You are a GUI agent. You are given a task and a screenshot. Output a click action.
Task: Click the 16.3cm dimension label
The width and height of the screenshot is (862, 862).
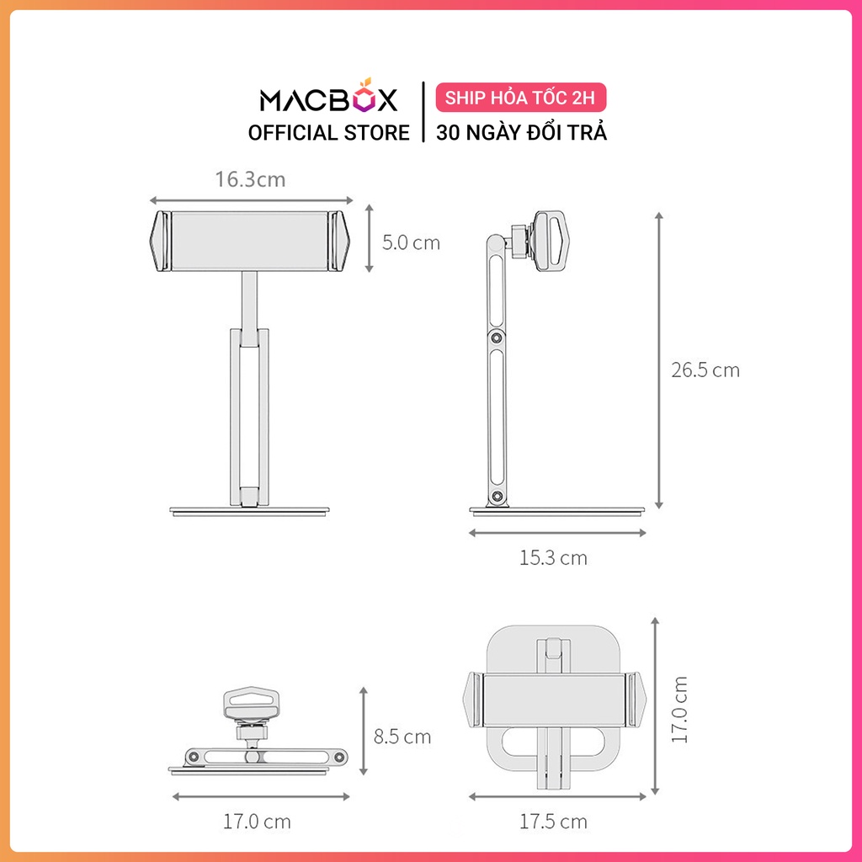coord(250,179)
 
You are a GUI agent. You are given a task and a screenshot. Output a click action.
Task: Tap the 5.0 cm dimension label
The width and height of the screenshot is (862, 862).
coord(411,242)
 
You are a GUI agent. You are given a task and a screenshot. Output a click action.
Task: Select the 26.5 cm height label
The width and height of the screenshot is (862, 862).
coord(705,370)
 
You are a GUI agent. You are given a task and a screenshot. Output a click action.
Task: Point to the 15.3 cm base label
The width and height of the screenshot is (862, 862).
coord(554,558)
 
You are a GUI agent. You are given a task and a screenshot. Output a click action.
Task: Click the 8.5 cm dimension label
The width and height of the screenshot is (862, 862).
coord(402,737)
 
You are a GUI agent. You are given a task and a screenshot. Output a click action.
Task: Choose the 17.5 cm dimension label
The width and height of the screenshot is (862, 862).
coord(554,822)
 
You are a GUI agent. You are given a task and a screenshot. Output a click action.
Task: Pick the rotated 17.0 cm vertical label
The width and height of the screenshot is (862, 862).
coord(679,710)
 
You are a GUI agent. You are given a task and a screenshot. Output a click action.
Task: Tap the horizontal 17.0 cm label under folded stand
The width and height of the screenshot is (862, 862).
coord(257,822)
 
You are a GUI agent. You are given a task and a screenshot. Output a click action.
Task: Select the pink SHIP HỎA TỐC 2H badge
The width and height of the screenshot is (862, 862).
coord(520,98)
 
